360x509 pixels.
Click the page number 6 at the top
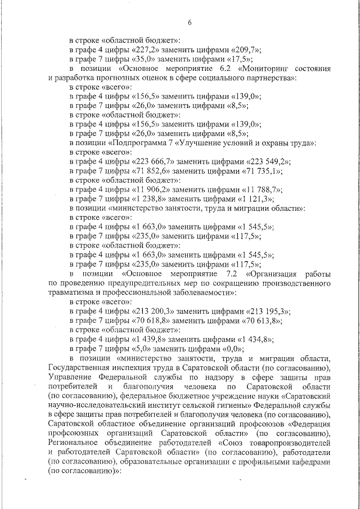(190, 22)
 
